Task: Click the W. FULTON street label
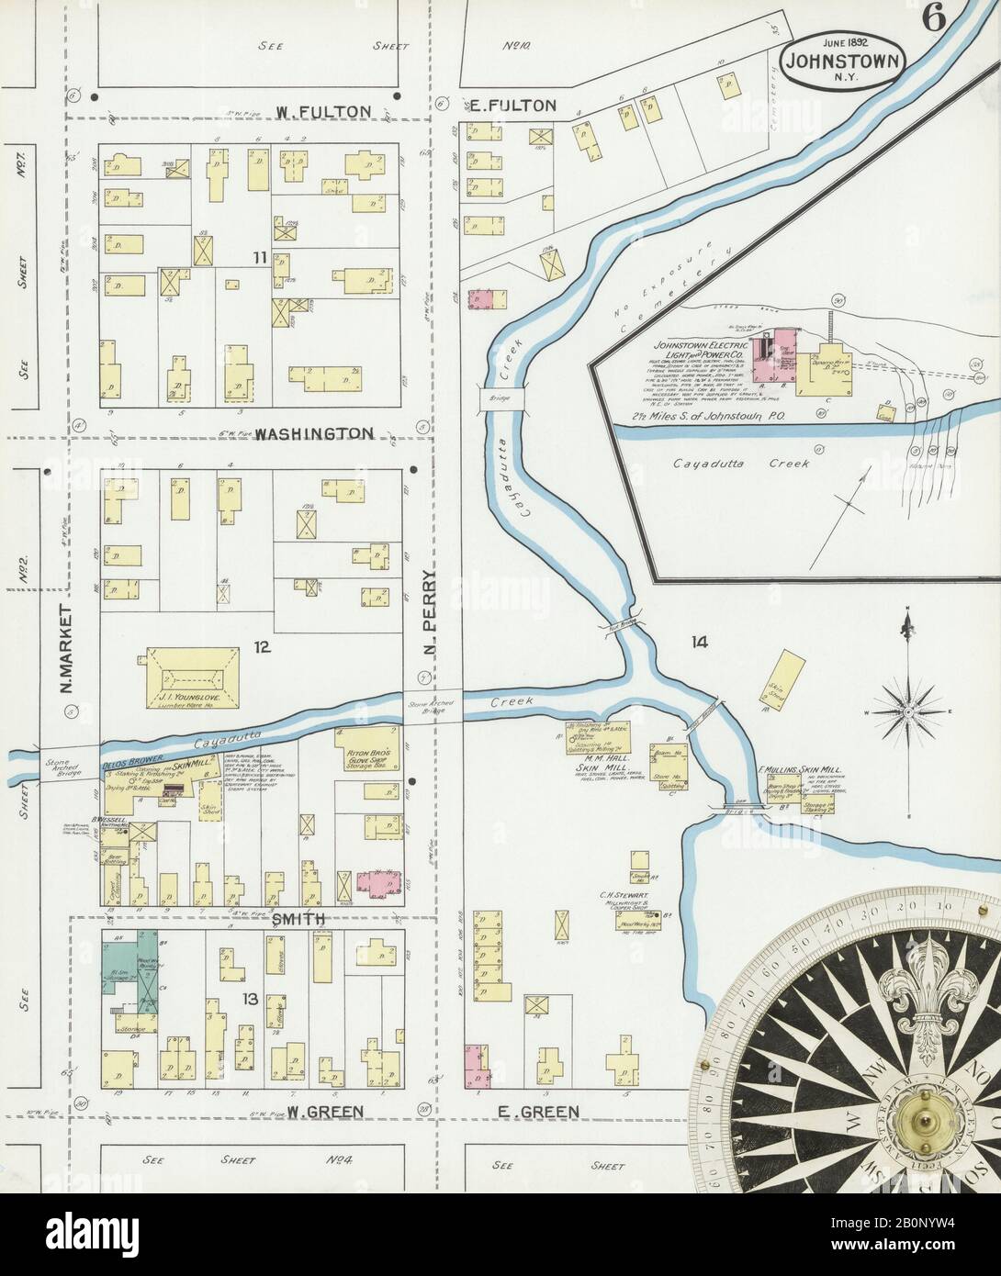[x=323, y=111]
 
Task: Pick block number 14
[x=700, y=642]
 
